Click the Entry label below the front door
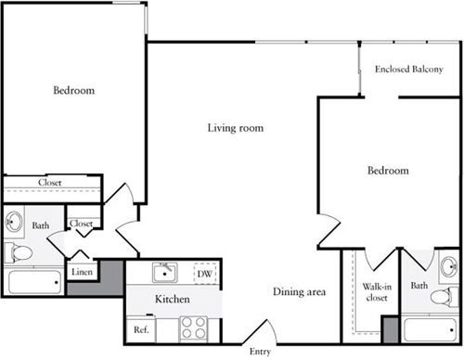260,352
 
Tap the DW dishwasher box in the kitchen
205,274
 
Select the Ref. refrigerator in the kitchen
141,329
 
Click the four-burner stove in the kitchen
193,328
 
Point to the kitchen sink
165,273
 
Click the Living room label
236,128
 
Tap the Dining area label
299,291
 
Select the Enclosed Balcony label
409,69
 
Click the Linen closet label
82,272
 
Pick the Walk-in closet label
377,292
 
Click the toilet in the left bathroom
19,252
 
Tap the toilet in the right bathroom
445,297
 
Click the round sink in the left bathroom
14,222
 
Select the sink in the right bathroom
449,266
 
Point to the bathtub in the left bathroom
34,282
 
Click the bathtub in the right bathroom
431,329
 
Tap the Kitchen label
173,299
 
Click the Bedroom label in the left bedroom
74,90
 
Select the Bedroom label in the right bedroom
388,171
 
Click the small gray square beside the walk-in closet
391,329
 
